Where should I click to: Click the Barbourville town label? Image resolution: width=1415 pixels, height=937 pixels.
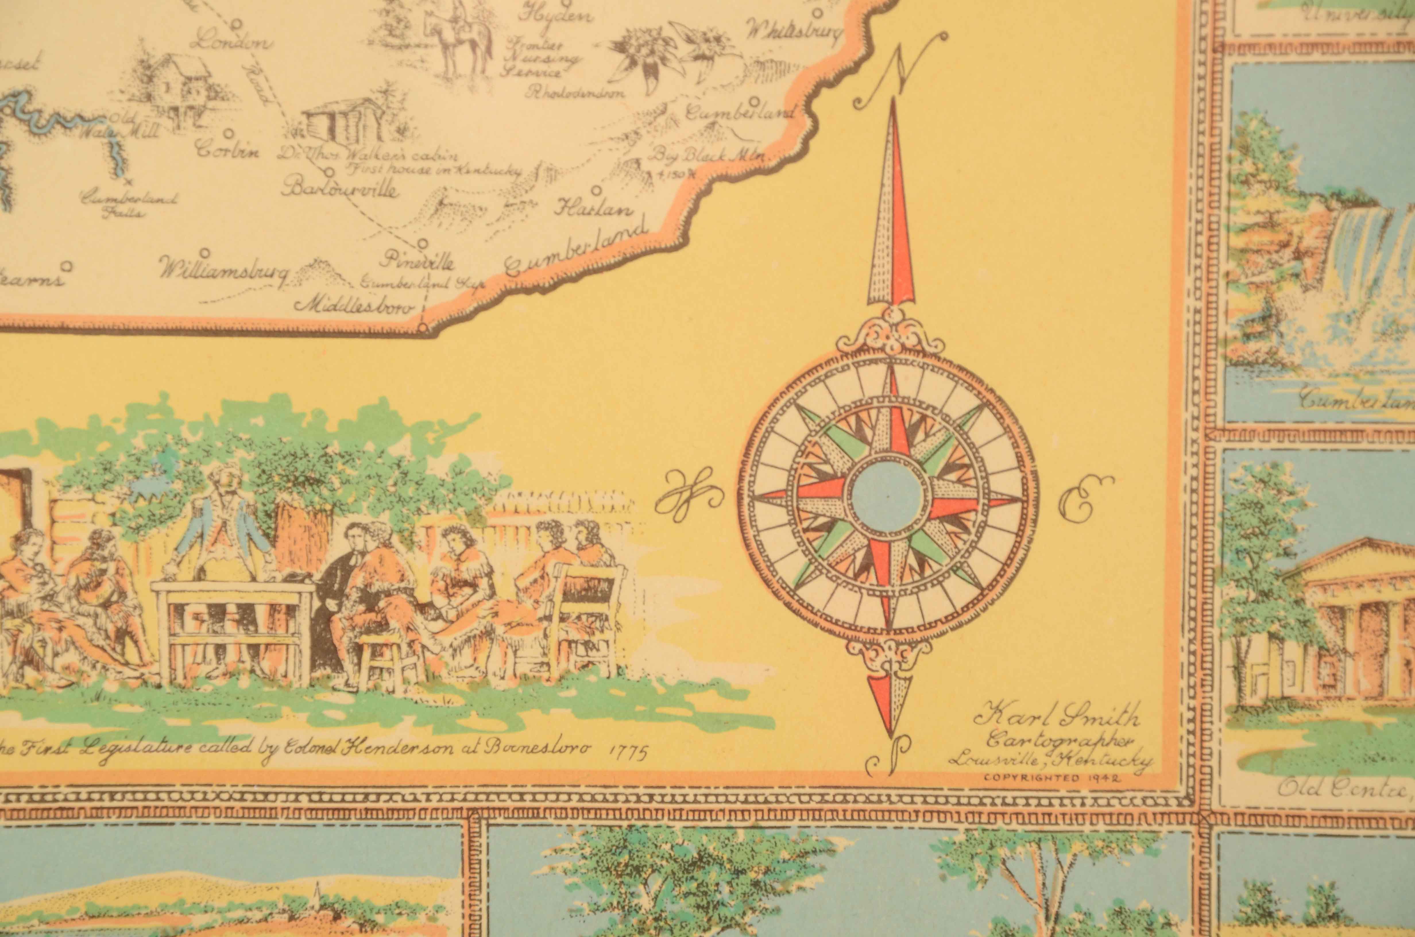pyautogui.click(x=339, y=190)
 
